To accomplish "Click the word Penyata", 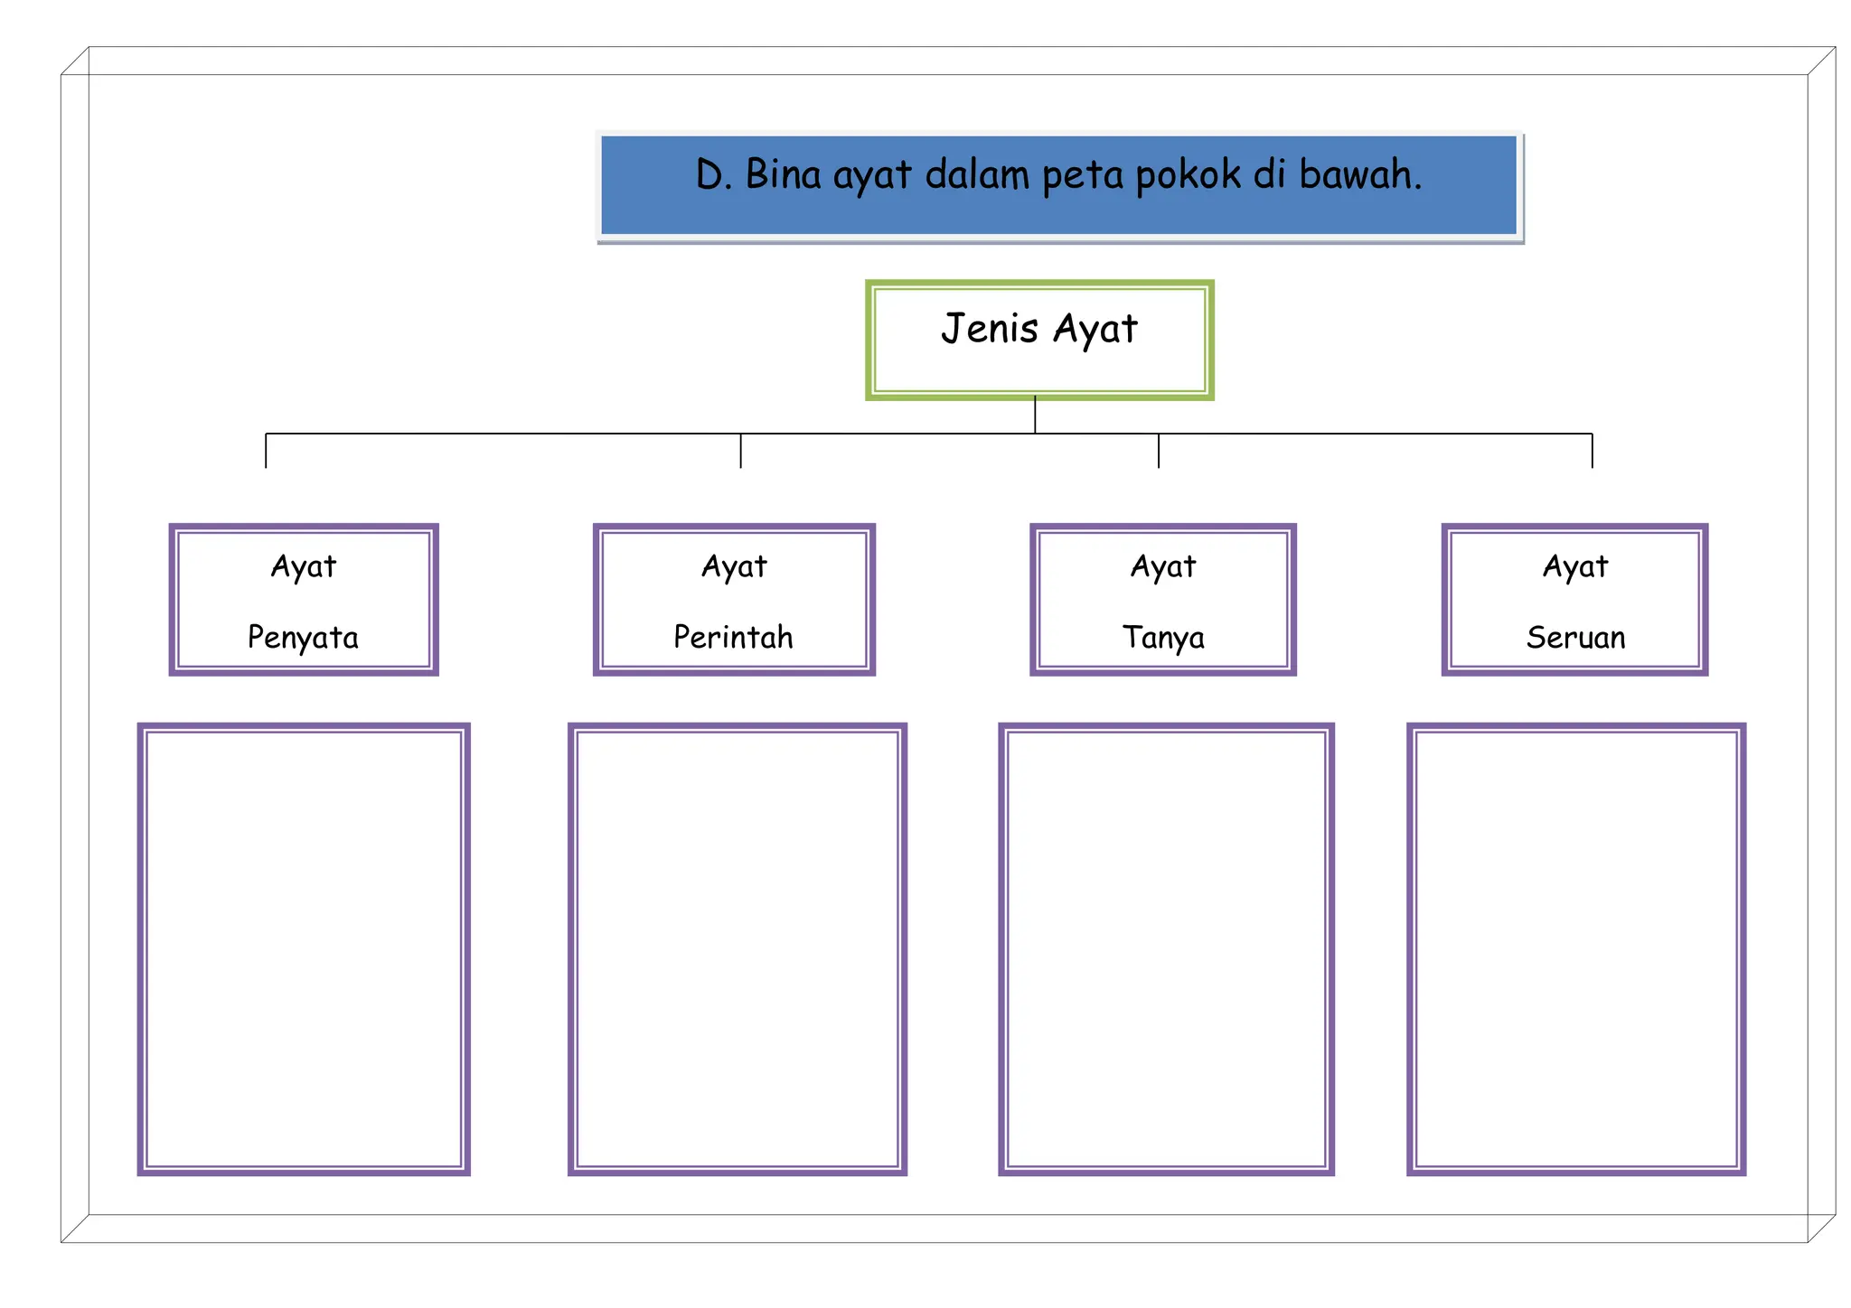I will point(303,638).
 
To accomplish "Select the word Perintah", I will point(733,638).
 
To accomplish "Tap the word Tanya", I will point(1163,638).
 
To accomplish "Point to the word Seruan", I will point(1575,638).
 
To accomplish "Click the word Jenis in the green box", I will point(989,328).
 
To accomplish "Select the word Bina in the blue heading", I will point(783,174).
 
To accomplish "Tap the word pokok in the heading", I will point(1188,175).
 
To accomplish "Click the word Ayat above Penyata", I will point(304,567).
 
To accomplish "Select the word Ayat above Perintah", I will point(734,567).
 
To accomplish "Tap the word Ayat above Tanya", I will point(1163,567).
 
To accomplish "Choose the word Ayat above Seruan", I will point(1575,567).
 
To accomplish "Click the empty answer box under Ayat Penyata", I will point(304,948).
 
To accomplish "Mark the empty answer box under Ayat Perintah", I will point(738,948).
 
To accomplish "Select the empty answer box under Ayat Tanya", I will point(1166,948).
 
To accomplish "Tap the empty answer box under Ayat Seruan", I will point(1576,948).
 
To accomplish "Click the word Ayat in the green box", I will point(1095,330).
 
